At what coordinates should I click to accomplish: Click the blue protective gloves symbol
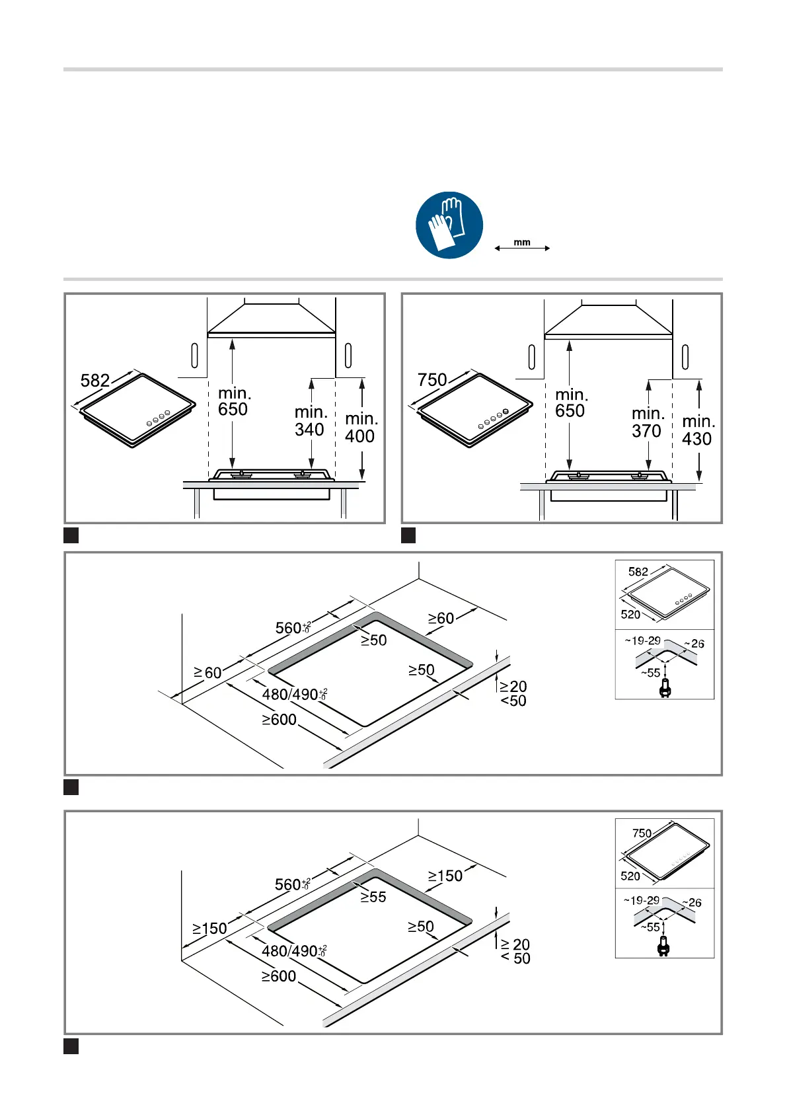[x=449, y=225]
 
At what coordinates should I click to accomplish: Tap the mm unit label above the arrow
[x=522, y=243]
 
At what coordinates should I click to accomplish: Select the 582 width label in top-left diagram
[x=95, y=381]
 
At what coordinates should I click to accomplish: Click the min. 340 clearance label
[x=310, y=421]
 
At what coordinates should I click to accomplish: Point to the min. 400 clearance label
[x=360, y=428]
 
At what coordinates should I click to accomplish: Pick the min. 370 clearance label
[x=647, y=422]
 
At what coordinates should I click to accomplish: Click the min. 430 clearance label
[x=697, y=430]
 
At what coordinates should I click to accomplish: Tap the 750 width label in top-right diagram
[x=432, y=380]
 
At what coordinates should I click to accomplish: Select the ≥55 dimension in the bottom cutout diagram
[x=373, y=898]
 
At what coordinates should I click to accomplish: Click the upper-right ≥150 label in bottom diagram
[x=445, y=876]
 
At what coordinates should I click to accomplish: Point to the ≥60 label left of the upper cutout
[x=207, y=673]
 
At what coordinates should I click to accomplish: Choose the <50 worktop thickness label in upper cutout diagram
[x=513, y=701]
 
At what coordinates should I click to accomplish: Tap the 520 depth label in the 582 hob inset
[x=630, y=615]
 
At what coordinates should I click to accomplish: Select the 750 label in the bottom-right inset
[x=642, y=833]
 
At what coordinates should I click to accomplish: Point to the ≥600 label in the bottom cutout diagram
[x=279, y=976]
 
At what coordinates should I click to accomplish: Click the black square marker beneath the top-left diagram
[x=71, y=535]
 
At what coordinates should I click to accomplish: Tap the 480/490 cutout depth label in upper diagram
[x=294, y=695]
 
